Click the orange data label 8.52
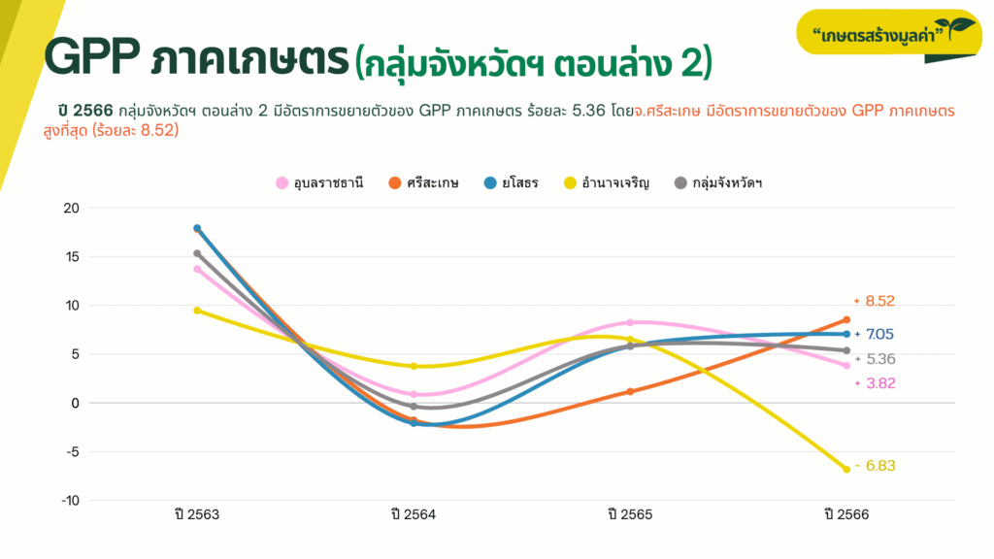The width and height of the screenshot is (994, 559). pos(879,301)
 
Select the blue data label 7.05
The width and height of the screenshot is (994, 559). pos(879,335)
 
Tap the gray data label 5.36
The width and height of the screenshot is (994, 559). pos(879,359)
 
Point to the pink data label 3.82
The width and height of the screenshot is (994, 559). pos(879,383)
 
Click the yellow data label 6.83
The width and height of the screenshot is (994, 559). pos(879,466)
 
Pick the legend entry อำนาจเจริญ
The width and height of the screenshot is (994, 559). pos(613,182)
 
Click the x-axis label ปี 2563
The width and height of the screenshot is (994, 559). pos(197,515)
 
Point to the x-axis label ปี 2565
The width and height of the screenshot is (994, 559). pos(630,515)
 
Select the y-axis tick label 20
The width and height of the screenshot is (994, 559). pos(71,208)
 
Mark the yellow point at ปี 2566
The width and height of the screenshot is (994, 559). pos(845,470)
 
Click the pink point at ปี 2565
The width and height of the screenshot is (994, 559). pos(630,322)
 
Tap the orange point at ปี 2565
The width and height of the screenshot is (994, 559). pos(630,392)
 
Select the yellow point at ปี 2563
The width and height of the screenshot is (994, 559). pos(197,311)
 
